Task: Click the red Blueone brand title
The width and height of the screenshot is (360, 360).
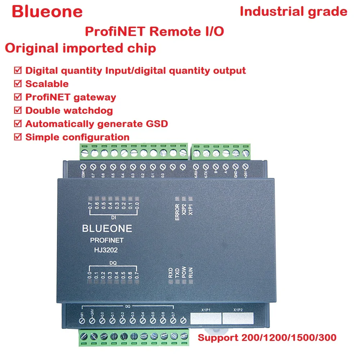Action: click(47, 12)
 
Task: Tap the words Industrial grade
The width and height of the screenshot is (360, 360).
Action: click(293, 12)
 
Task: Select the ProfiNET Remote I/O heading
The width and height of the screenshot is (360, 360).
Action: click(154, 31)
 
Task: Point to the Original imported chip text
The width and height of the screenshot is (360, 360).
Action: click(81, 48)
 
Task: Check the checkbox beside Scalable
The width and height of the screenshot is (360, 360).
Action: click(17, 84)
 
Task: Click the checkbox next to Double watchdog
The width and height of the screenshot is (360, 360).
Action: click(17, 111)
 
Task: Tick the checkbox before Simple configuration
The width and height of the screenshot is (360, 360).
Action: click(17, 137)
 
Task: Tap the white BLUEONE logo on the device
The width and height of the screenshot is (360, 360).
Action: click(107, 228)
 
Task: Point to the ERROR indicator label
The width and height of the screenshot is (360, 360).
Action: click(177, 212)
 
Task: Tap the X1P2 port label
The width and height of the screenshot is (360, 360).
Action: click(238, 309)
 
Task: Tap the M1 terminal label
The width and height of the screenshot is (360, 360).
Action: click(82, 314)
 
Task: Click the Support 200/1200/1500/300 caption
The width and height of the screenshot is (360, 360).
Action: click(267, 338)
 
